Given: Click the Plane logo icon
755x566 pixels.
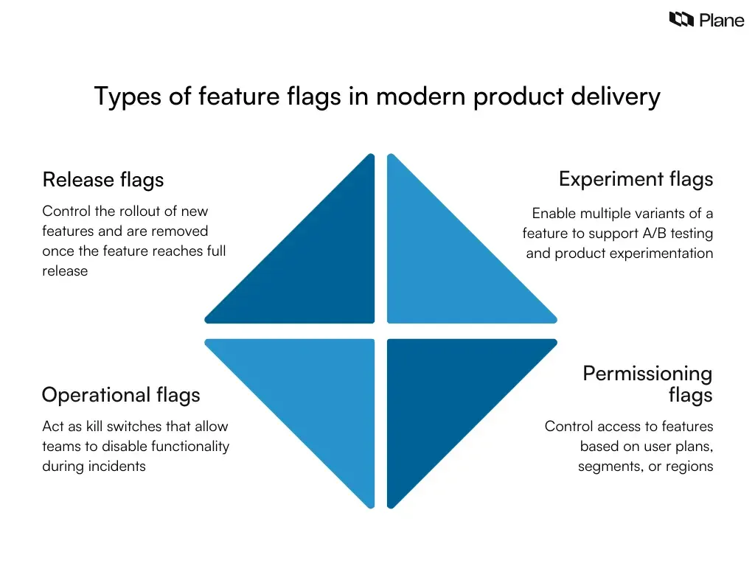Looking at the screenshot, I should click(x=681, y=20).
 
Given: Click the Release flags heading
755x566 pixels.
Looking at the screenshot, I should click(x=102, y=180).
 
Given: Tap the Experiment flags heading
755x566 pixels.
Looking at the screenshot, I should click(x=636, y=179).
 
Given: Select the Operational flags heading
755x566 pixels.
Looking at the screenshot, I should click(x=120, y=395).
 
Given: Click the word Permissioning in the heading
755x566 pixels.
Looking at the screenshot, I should click(x=647, y=374).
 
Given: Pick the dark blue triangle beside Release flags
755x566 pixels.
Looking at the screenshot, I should click(x=317, y=265).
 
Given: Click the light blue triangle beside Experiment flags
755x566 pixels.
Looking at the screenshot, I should click(x=442, y=265).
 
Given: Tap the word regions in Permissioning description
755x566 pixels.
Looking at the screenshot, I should click(x=689, y=467).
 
